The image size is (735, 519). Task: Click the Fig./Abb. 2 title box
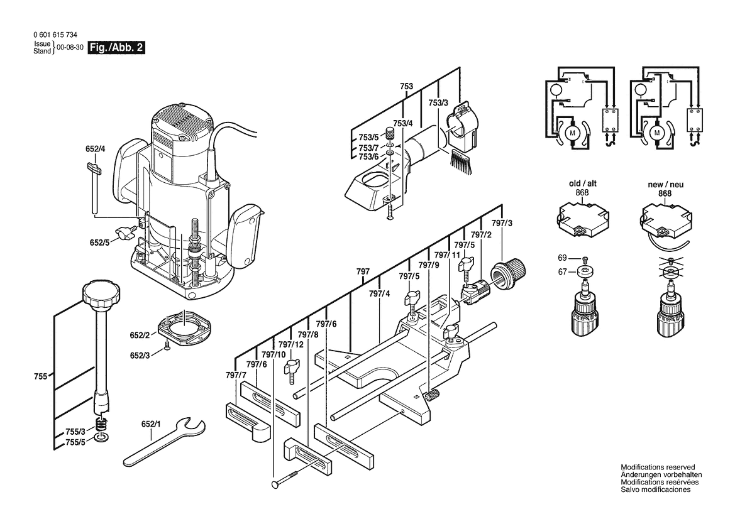pos(117,48)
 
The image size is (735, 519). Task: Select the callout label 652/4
pos(96,150)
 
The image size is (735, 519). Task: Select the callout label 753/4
pos(402,123)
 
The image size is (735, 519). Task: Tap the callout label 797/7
pos(235,375)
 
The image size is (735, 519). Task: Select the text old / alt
pos(583,183)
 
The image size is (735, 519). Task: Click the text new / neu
pos(665,184)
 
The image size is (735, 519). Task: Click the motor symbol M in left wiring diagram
pos(573,134)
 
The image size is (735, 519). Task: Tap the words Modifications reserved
pos(658,467)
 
